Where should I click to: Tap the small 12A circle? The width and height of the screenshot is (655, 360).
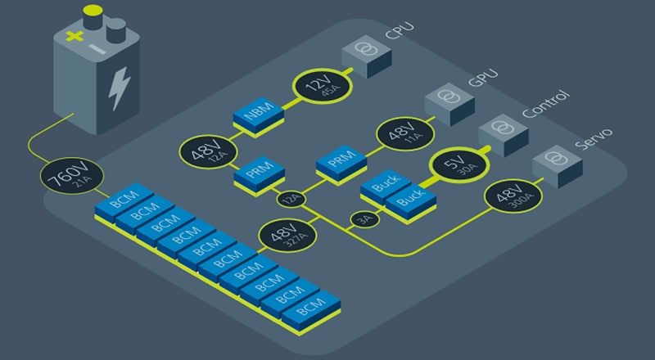click(287, 199)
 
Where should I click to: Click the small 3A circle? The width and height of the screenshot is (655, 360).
click(363, 219)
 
